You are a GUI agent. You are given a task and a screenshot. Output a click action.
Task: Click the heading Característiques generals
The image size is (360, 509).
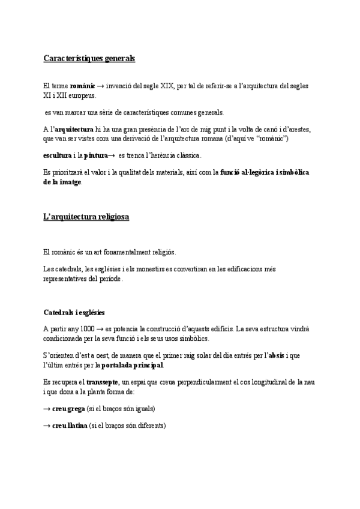[x=89, y=59]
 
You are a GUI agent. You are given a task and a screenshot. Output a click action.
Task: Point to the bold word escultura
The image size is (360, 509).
[x=57, y=156]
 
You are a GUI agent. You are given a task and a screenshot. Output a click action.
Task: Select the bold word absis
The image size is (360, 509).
[x=276, y=355]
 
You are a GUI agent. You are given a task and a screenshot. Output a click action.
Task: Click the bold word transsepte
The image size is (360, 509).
[x=102, y=382]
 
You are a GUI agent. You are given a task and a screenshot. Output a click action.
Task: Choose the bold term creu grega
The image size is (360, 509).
[x=70, y=409]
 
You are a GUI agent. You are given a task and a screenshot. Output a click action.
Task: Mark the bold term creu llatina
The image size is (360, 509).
[x=71, y=426]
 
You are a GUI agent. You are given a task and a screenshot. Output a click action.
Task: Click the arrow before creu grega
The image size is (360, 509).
[x=47, y=409]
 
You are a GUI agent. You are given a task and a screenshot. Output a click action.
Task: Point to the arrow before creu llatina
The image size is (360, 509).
[x=47, y=426]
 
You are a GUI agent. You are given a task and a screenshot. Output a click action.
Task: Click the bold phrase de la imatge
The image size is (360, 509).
[x=63, y=182]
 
